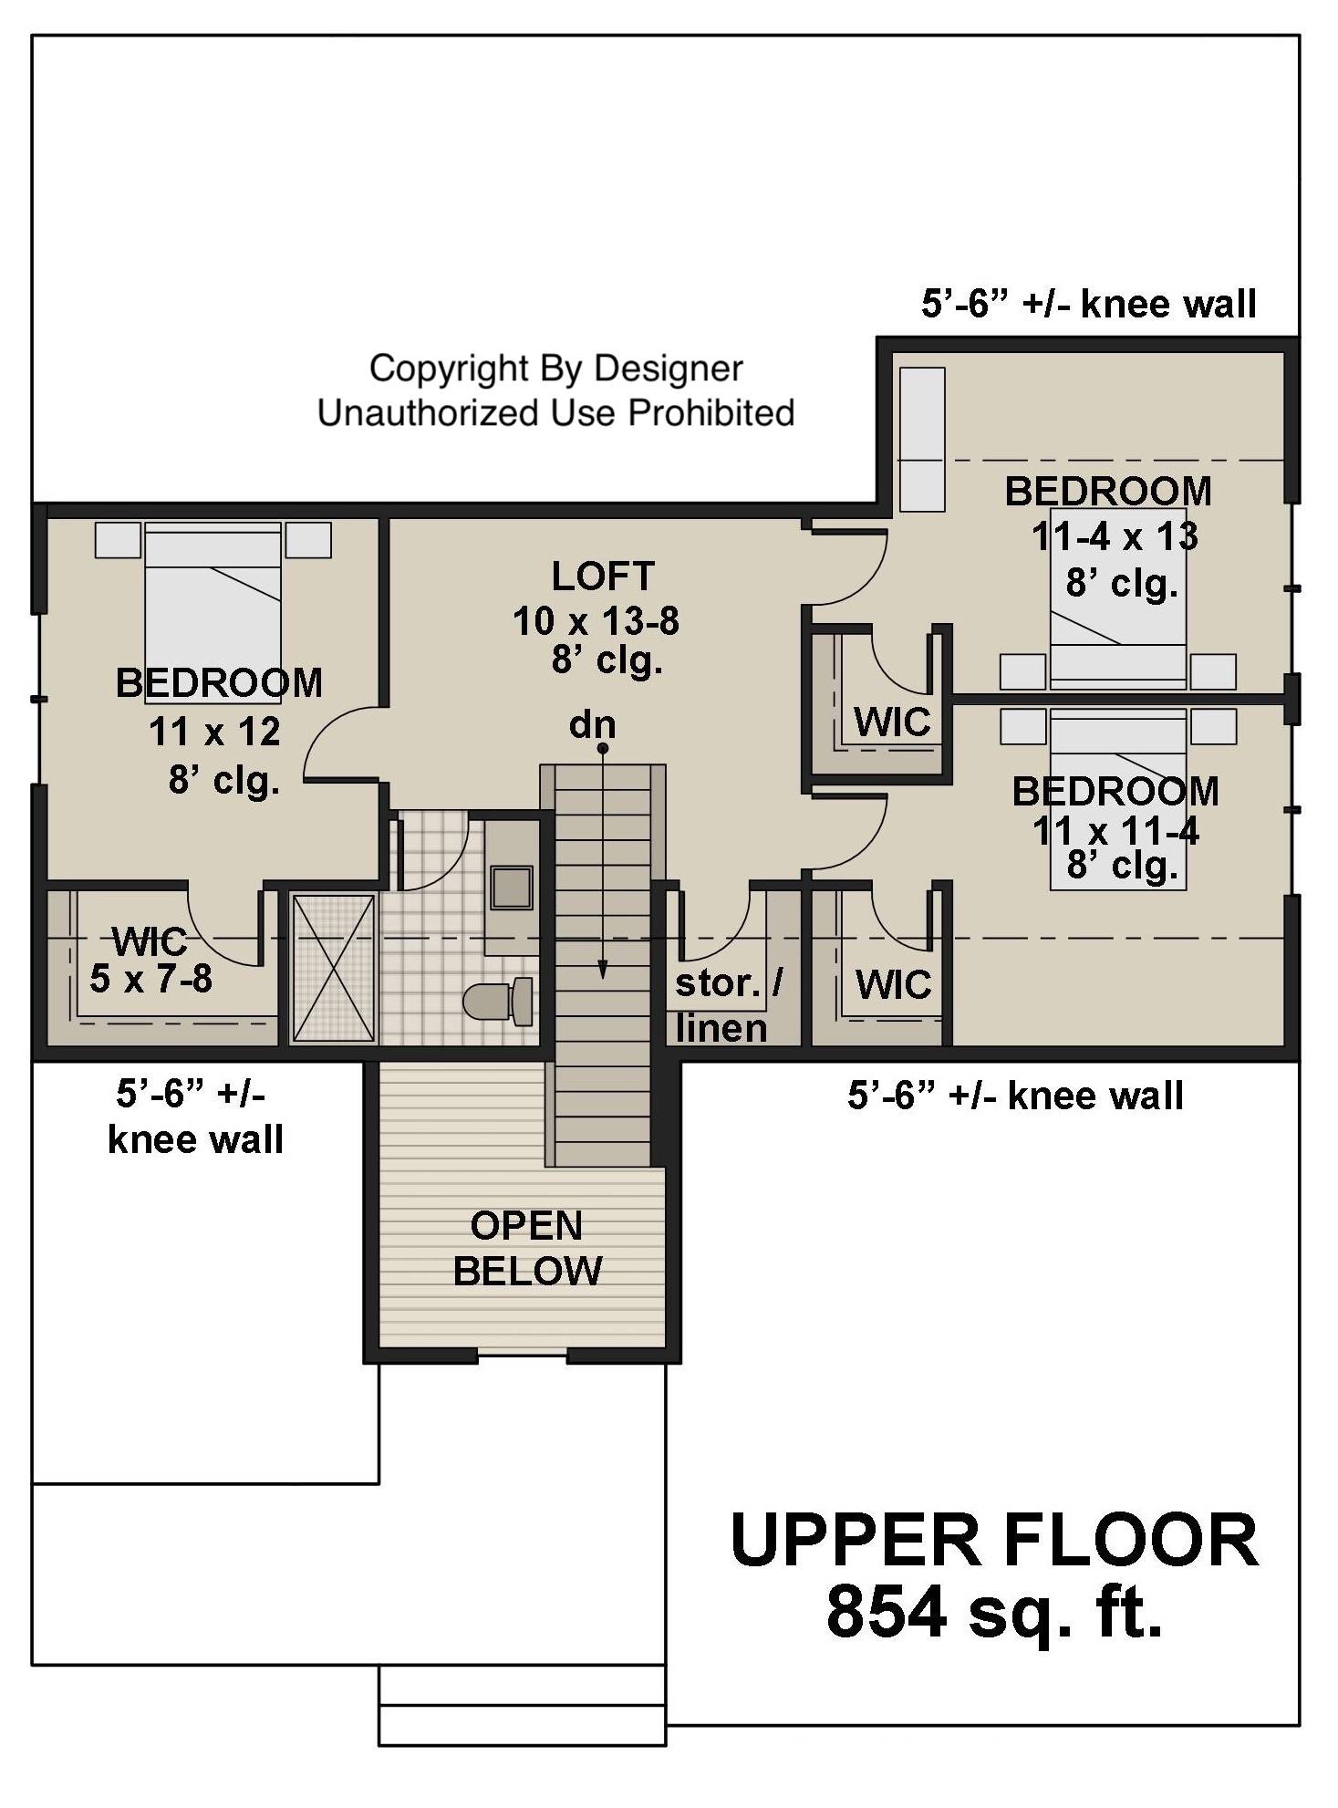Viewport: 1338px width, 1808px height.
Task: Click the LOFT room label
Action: (602, 577)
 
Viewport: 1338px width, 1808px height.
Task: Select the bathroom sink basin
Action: (511, 888)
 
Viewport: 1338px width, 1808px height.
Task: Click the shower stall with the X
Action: (333, 968)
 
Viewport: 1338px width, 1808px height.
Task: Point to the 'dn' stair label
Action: (592, 725)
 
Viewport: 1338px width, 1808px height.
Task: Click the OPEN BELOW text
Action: (527, 1248)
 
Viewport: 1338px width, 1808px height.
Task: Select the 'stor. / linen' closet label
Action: (727, 1005)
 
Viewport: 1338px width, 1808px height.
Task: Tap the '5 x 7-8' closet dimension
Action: (150, 979)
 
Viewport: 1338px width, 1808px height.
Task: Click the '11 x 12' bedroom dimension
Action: (214, 731)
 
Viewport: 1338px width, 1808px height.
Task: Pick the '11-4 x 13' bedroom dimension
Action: (1115, 536)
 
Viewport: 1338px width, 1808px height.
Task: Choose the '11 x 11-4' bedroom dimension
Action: (1115, 830)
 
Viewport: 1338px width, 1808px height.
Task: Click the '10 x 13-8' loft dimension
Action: (596, 621)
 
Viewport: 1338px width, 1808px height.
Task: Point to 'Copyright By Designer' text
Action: (555, 369)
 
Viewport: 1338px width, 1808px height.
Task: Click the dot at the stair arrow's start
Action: (603, 749)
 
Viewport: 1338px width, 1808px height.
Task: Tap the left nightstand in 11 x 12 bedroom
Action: (119, 540)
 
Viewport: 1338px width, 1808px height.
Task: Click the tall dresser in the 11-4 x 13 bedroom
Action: (922, 439)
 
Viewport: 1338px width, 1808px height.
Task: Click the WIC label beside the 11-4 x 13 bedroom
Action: (892, 722)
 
